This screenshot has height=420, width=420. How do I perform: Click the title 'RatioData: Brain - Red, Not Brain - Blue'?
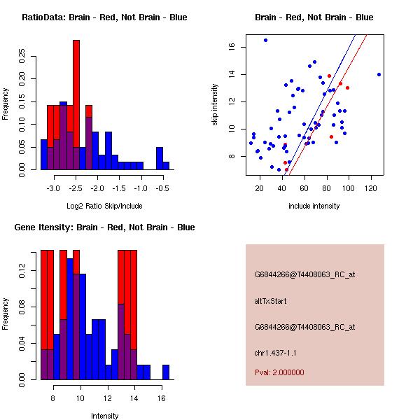104,17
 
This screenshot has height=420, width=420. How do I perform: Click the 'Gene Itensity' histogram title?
104,227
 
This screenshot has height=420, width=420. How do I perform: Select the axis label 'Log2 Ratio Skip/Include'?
104,206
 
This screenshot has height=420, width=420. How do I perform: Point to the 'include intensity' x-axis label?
314,206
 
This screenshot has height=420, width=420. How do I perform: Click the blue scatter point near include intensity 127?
379,74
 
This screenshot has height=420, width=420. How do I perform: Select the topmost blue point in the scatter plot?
265,40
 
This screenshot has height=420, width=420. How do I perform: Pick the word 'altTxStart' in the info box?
270,301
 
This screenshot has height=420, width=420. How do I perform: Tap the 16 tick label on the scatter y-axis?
231,47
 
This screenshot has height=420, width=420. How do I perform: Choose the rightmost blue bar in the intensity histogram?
166,372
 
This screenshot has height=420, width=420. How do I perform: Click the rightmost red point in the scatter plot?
347,87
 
